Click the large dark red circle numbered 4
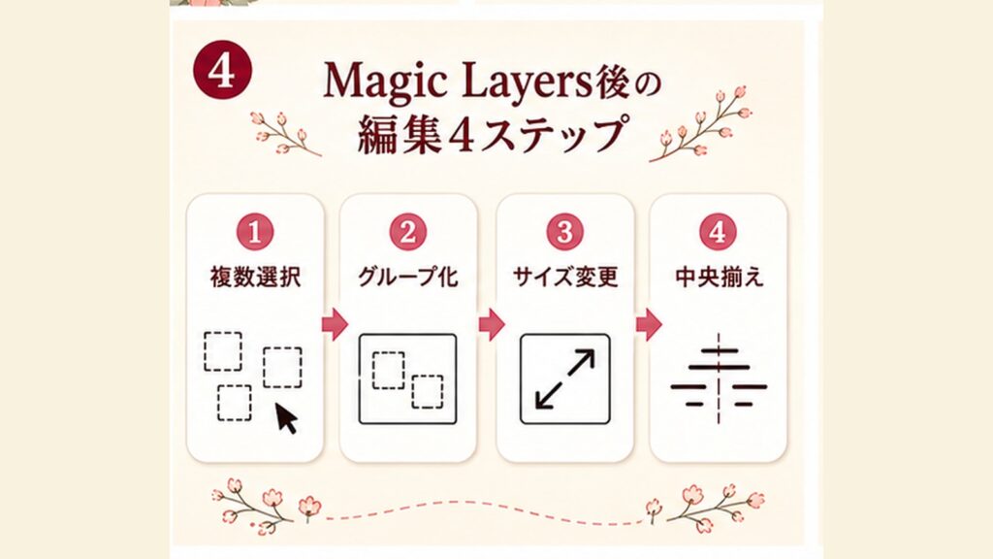222,70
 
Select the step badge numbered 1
255,232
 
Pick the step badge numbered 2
408,232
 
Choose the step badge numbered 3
565,232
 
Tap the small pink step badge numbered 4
719,232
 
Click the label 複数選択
255,278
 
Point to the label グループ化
408,278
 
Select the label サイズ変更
565,278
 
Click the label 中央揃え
719,278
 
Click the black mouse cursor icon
286,418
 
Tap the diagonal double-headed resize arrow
565,379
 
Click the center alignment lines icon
719,378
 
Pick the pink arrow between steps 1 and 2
335,324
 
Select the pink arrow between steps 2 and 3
492,324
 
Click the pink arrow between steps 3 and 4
649,324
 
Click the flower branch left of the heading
285,134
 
